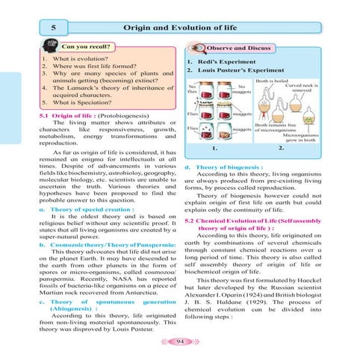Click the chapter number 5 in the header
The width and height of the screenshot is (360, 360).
pyautogui.click(x=53, y=28)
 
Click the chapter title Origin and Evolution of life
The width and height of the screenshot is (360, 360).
pyautogui.click(x=180, y=28)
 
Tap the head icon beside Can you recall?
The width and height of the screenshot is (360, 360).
pyautogui.click(x=49, y=46)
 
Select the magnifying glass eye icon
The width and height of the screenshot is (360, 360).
pyautogui.click(x=197, y=48)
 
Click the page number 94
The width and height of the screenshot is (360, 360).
pyautogui.click(x=180, y=341)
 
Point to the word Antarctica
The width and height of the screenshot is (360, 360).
pyautogui.click(x=141, y=293)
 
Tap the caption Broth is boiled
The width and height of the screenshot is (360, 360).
pyautogui.click(x=272, y=81)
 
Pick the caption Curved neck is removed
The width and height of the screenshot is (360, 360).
pyautogui.click(x=302, y=87)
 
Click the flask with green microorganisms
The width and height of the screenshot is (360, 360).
pyautogui.click(x=308, y=116)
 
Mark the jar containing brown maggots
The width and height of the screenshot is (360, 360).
pyautogui.click(x=225, y=132)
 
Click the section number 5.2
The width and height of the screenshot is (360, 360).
pyautogui.click(x=189, y=221)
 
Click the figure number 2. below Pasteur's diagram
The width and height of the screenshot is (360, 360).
pyautogui.click(x=281, y=148)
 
